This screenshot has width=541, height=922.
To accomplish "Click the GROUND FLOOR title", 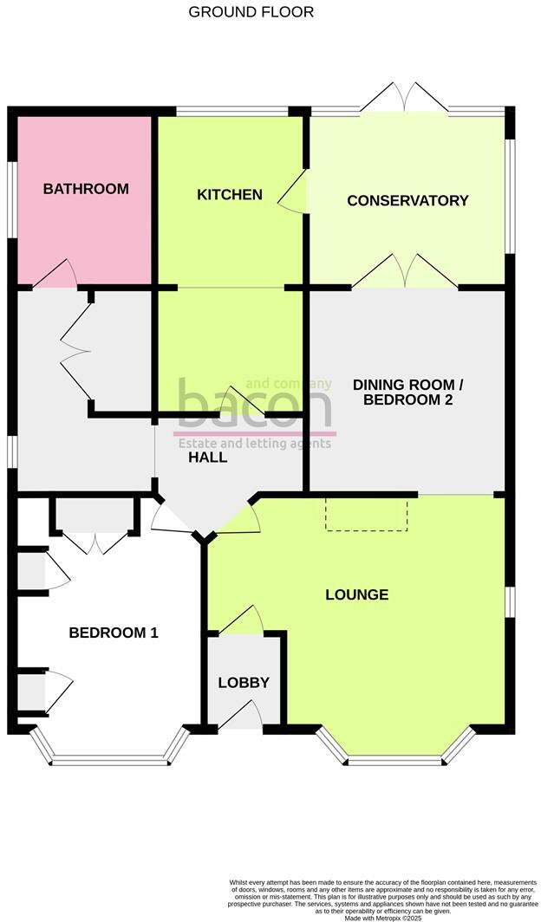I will tap(251, 12).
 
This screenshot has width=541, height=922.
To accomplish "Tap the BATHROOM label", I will tap(86, 189).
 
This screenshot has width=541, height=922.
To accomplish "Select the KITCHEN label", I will tap(230, 194).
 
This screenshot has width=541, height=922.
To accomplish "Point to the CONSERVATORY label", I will tap(407, 201).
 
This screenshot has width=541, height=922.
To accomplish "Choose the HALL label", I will tap(208, 458).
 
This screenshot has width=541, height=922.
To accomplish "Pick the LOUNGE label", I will tap(356, 595).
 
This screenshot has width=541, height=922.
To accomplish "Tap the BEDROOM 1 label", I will tap(114, 633).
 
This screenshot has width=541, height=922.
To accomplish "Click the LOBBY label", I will tap(244, 683).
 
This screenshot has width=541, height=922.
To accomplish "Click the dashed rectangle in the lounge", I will tap(367, 514).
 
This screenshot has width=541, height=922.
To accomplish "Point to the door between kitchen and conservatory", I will tap(293, 190).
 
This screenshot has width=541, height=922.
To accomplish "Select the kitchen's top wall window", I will tap(231, 111).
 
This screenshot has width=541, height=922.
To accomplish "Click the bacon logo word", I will tap(254, 407).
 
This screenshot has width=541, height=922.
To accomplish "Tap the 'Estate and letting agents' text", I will tap(254, 444).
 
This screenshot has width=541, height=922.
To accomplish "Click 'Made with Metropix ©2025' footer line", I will tap(383, 918).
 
